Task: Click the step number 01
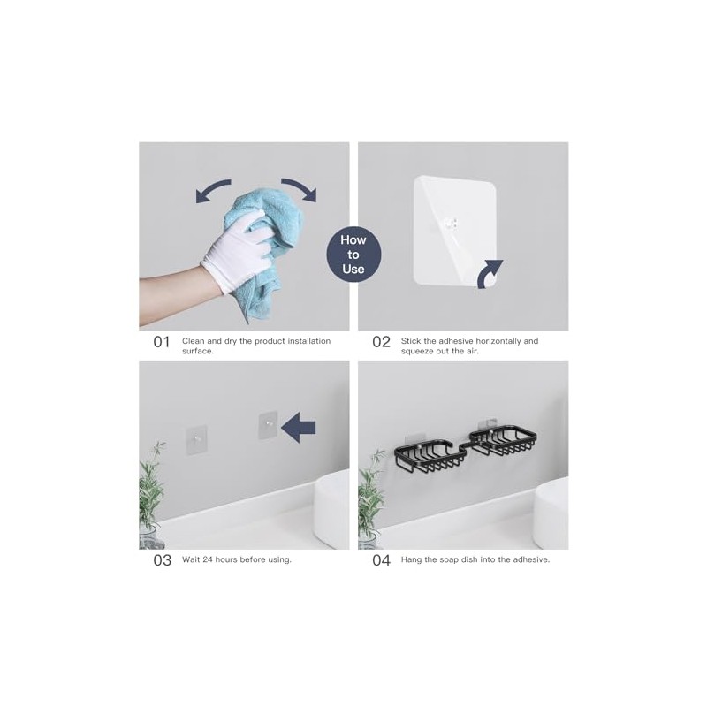161,342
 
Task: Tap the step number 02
381,342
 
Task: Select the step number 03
162,560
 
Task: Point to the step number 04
381,560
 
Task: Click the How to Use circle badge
353,255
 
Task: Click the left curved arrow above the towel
213,190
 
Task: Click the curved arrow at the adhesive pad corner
490,274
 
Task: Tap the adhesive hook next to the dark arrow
266,426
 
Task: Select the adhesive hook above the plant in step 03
196,436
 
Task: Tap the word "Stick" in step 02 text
412,340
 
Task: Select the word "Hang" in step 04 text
413,559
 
